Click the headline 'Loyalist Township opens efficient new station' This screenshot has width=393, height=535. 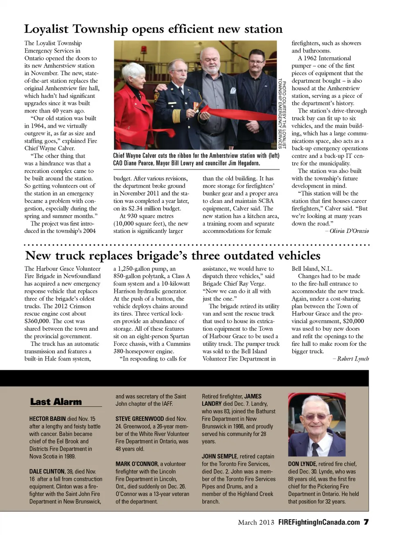(x=153, y=29)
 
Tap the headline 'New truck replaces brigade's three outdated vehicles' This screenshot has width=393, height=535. (x=172, y=256)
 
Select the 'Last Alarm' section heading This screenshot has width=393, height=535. (x=56, y=402)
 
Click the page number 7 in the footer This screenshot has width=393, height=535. (x=366, y=522)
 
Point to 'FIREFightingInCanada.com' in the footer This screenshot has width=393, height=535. (x=319, y=522)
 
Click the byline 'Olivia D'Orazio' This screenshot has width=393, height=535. (x=349, y=231)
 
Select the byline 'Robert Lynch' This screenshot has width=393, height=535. (x=353, y=359)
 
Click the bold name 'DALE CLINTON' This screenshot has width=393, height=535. (x=47, y=472)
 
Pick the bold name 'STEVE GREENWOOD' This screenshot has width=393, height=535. (x=140, y=419)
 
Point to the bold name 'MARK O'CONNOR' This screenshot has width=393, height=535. (x=137, y=464)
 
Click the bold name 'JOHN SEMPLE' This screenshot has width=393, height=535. (x=219, y=456)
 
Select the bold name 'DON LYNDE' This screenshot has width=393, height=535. (x=302, y=464)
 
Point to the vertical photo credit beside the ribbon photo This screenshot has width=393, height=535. (x=282, y=115)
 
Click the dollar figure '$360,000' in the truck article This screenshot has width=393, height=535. (x=38, y=321)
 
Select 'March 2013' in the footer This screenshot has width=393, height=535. (x=256, y=522)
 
